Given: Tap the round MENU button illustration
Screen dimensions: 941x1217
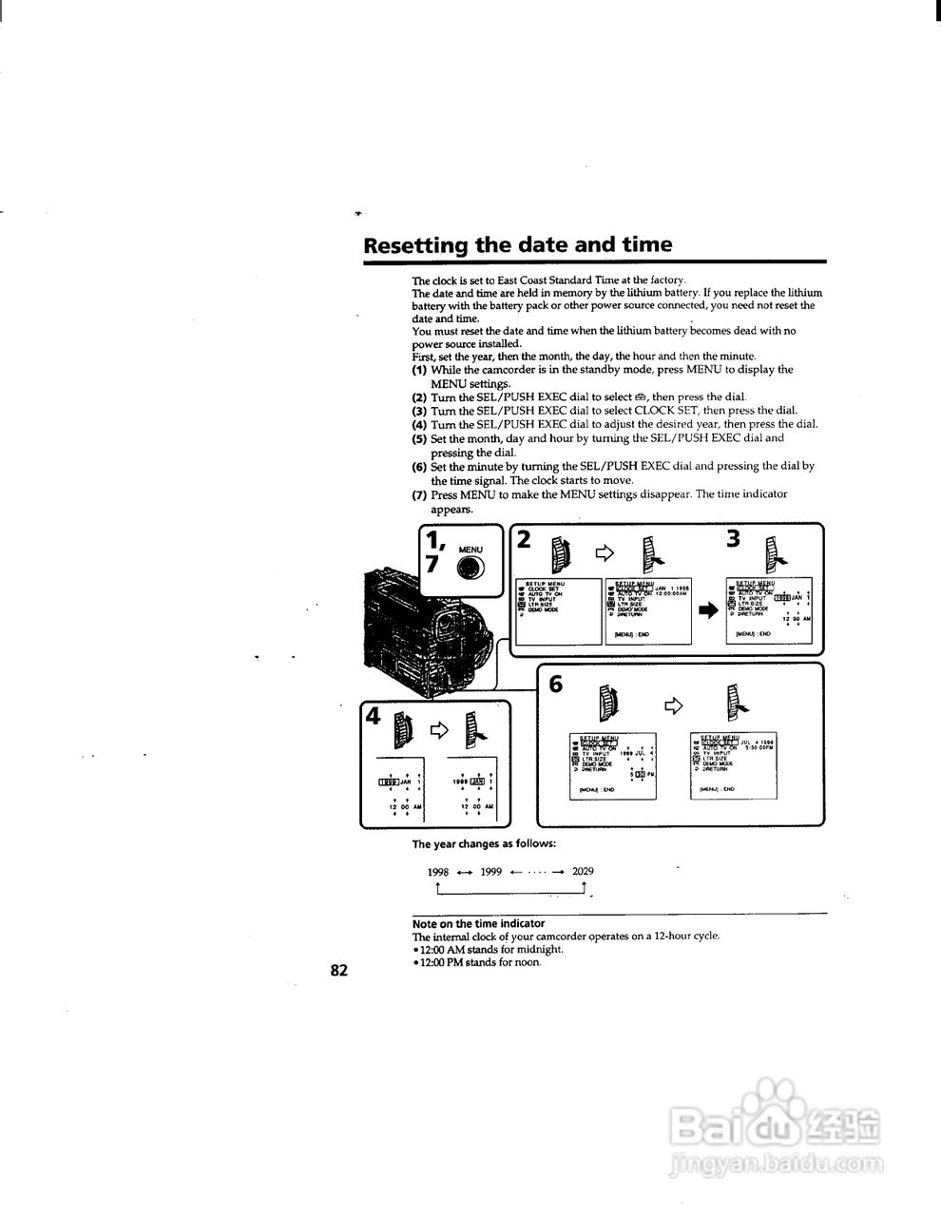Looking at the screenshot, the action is [x=470, y=568].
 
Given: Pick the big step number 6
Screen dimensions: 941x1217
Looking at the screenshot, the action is [x=556, y=684].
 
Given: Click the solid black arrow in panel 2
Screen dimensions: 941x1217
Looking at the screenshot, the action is [x=709, y=610].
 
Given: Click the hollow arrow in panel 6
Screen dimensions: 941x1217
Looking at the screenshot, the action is [x=673, y=705].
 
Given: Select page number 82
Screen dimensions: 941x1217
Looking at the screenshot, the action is [x=339, y=971].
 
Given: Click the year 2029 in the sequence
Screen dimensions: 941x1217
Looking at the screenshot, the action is [x=583, y=871].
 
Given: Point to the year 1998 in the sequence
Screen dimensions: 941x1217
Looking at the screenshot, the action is [x=438, y=871].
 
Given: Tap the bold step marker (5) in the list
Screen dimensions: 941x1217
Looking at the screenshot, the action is [x=419, y=438].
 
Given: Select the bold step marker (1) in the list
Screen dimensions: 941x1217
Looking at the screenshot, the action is [x=419, y=369].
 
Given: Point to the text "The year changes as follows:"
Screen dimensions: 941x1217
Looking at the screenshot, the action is [x=484, y=843].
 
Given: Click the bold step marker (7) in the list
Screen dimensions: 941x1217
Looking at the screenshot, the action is [x=419, y=494].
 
